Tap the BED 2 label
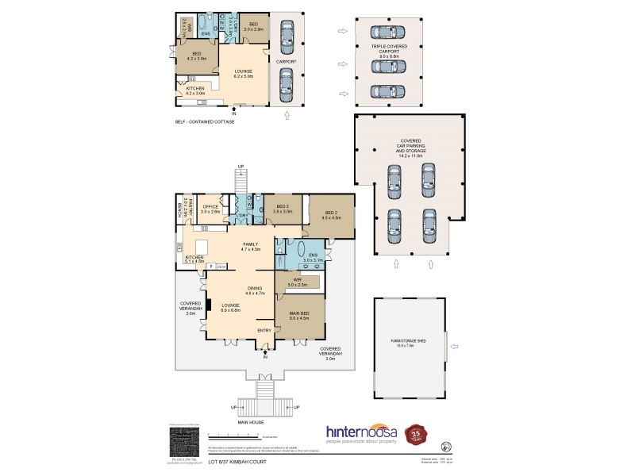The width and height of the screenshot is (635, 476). coord(332,214)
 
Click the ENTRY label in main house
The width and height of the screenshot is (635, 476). coord(264,329)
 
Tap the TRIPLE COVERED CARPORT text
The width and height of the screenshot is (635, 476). coord(388,52)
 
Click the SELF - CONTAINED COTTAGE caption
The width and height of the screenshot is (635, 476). coord(205,121)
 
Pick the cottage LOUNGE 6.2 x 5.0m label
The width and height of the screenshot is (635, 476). coord(243,74)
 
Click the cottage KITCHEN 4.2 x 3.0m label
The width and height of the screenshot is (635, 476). coord(195,90)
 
